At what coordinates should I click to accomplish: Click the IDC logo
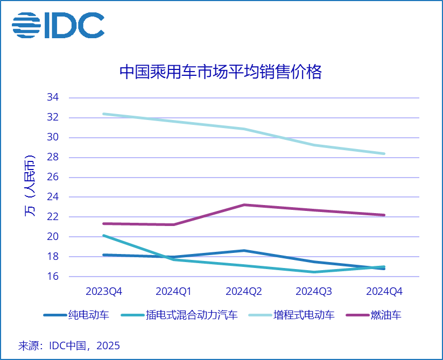pyautogui.click(x=58, y=25)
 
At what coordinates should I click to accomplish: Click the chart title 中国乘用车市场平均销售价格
pyautogui.click(x=220, y=72)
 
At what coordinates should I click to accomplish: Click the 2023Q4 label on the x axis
pyautogui.click(x=104, y=292)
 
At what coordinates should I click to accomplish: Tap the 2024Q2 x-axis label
pyautogui.click(x=244, y=292)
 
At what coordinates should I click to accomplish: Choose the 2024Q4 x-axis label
pyautogui.click(x=384, y=292)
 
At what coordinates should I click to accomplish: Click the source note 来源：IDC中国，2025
pyautogui.click(x=69, y=345)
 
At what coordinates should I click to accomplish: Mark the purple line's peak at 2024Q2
pyautogui.click(x=244, y=205)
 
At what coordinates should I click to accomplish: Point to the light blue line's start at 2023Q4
pyautogui.click(x=104, y=114)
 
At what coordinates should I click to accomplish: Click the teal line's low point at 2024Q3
pyautogui.click(x=314, y=272)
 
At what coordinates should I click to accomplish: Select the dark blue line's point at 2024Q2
pyautogui.click(x=244, y=251)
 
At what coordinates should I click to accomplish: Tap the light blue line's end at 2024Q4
pyautogui.click(x=384, y=154)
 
